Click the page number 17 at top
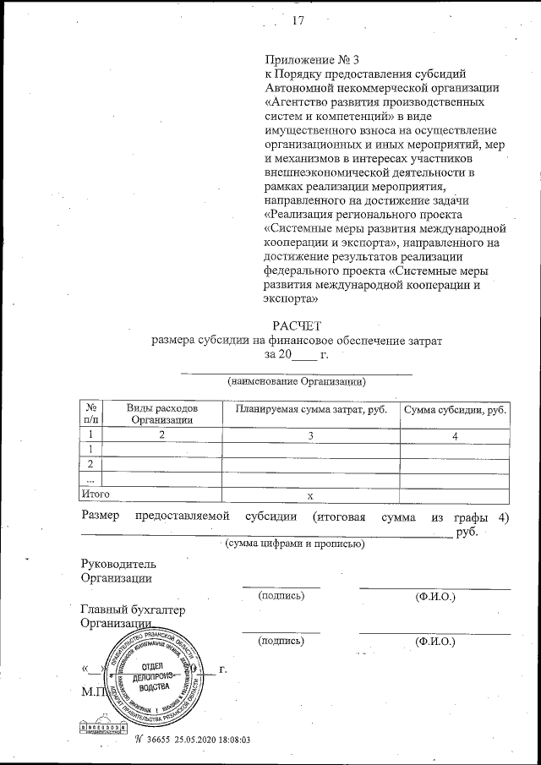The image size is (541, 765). [x=297, y=21]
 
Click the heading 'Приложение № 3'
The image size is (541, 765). [x=301, y=60]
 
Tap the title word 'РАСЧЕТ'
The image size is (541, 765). [x=296, y=325]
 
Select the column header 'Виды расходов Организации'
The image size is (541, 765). [x=161, y=413]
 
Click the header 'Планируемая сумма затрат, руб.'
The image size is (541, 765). [x=310, y=409]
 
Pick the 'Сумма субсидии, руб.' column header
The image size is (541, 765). [x=455, y=409]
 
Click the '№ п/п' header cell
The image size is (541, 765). [x=90, y=413]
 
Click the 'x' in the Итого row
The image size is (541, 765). [x=310, y=495]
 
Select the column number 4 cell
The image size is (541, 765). [x=455, y=435]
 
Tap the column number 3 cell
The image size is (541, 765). [x=310, y=435]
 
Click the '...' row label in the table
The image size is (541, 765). [x=90, y=478]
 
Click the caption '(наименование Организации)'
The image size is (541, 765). [x=296, y=382]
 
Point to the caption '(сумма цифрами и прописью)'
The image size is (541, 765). [x=295, y=544]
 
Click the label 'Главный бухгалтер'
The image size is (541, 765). [x=132, y=609]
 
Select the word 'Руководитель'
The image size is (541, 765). [x=117, y=564]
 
